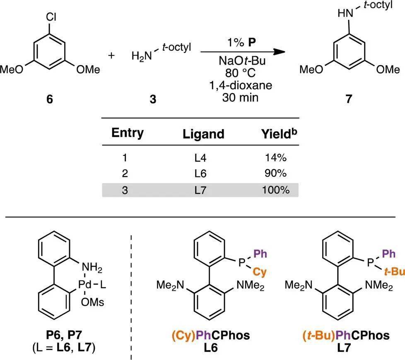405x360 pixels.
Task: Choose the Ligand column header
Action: pyautogui.click(x=204, y=134)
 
